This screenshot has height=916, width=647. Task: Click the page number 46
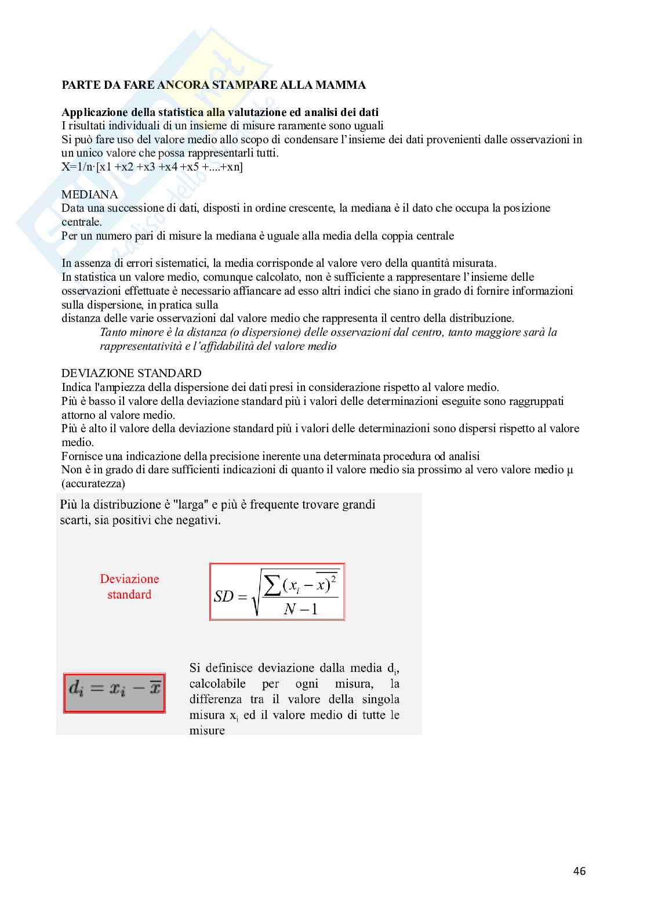(x=579, y=871)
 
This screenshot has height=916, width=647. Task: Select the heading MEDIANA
(x=90, y=194)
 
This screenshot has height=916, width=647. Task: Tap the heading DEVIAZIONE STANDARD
(x=132, y=373)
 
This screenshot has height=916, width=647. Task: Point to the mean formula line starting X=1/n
(x=152, y=167)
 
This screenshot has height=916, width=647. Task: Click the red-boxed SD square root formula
(x=277, y=592)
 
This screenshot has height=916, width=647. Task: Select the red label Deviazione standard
(x=129, y=586)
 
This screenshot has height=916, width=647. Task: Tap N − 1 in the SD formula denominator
(x=301, y=609)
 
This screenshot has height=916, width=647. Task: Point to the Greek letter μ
(x=570, y=470)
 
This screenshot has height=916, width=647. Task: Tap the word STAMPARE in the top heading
(x=237, y=85)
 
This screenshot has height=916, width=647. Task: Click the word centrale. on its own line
(x=82, y=222)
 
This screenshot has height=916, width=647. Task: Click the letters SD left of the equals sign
(x=223, y=596)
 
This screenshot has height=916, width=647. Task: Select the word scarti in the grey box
(x=74, y=520)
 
